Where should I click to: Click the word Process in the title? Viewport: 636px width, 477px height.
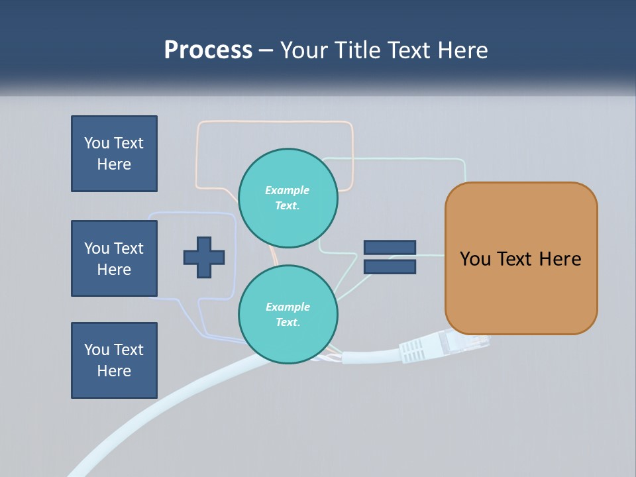pos(208,50)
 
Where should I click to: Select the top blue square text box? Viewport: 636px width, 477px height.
pos(114,154)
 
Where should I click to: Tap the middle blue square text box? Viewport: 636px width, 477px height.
pos(114,258)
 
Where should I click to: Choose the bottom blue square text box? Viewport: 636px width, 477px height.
pos(114,360)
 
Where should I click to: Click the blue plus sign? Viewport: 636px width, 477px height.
pos(204,257)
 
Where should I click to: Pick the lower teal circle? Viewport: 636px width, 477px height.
pos(288,315)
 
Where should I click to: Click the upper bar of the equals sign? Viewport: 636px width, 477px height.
pos(390,247)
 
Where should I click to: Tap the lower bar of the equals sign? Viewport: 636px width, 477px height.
pos(390,266)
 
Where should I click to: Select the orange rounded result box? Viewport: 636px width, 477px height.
pos(521,258)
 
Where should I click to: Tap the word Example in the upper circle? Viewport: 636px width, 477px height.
pos(287,190)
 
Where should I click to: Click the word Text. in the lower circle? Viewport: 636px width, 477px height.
pos(288,323)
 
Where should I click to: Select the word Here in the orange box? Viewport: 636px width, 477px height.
pos(560,259)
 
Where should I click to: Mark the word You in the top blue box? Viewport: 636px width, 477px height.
pos(97,143)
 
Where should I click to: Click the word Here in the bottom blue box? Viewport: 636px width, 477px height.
pos(114,371)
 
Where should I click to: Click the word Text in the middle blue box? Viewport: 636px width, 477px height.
pos(129,248)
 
